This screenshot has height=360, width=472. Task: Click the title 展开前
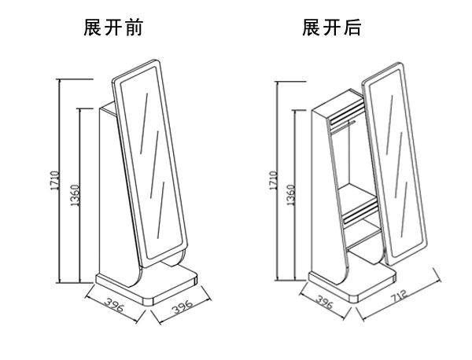tap(113, 29)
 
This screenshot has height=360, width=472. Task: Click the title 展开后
tap(331, 29)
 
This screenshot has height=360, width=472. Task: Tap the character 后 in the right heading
tap(351, 29)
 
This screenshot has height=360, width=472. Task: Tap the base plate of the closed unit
tap(146, 285)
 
